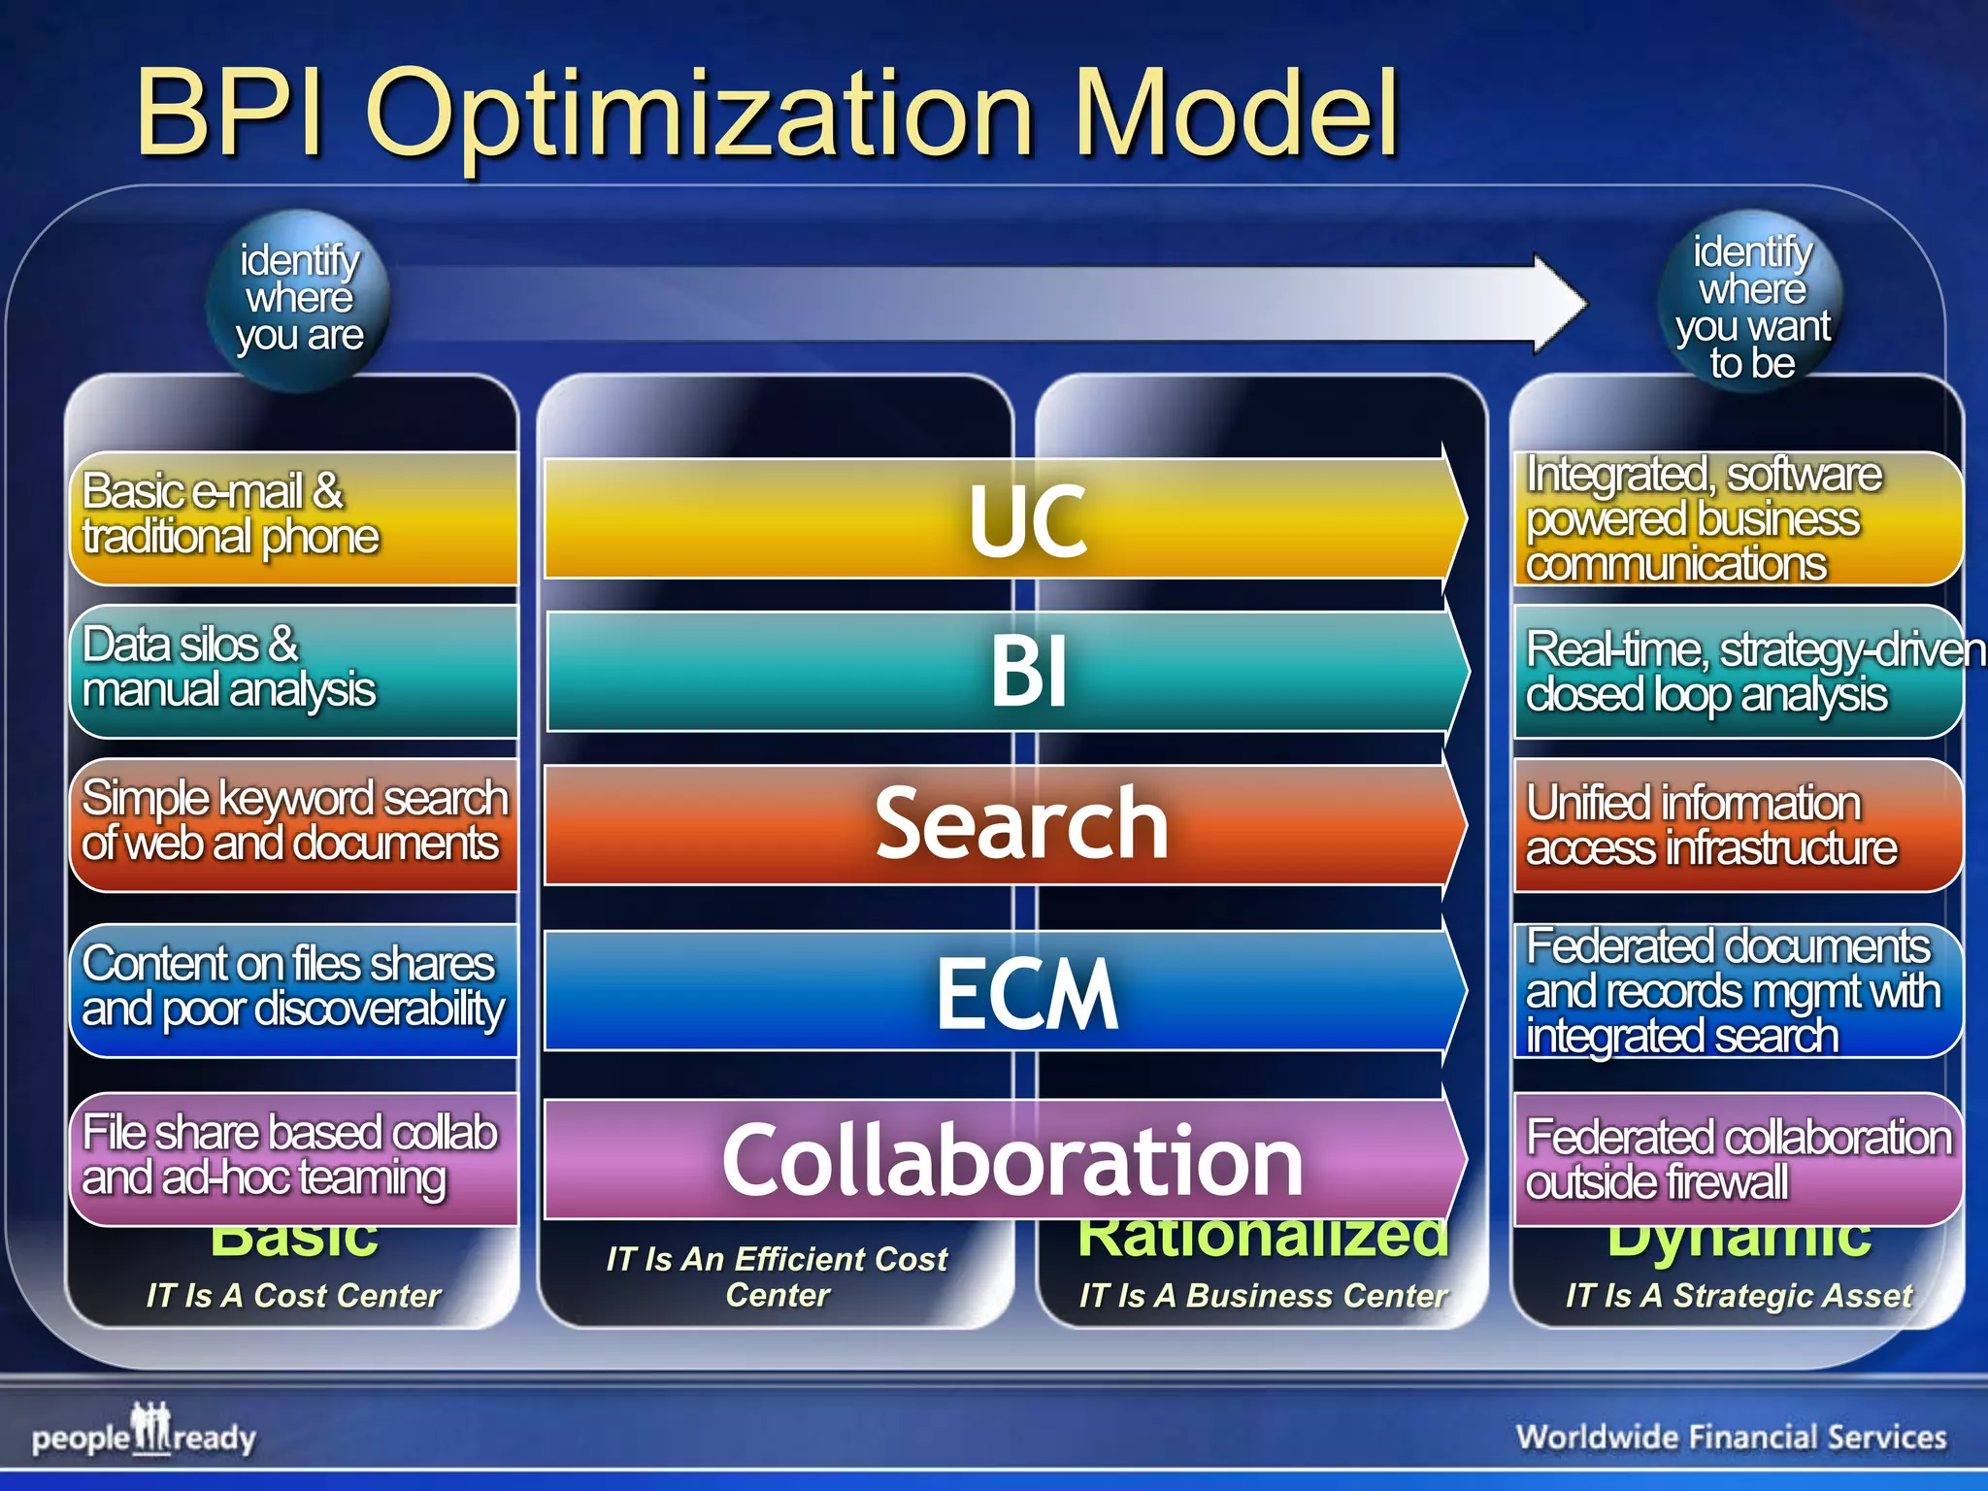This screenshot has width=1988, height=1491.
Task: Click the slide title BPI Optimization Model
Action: click(x=767, y=115)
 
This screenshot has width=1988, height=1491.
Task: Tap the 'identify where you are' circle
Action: click(x=299, y=299)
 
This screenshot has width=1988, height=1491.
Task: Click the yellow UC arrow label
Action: click(x=1027, y=521)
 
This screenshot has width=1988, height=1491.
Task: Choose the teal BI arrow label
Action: click(x=1029, y=671)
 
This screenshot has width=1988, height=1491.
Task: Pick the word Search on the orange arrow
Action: click(x=1021, y=823)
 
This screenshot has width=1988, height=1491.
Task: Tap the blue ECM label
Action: click(x=1027, y=992)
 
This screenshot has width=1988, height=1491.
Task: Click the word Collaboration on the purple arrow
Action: click(x=1011, y=1160)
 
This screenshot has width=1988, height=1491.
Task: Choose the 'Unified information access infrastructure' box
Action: click(x=1738, y=825)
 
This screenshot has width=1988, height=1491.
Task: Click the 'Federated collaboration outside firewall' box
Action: click(x=1738, y=1159)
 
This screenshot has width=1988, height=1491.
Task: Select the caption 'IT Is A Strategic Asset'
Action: click(x=1738, y=1296)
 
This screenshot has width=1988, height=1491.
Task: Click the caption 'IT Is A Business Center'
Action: click(x=1262, y=1296)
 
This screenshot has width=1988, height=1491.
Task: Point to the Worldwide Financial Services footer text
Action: click(x=1731, y=1437)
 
